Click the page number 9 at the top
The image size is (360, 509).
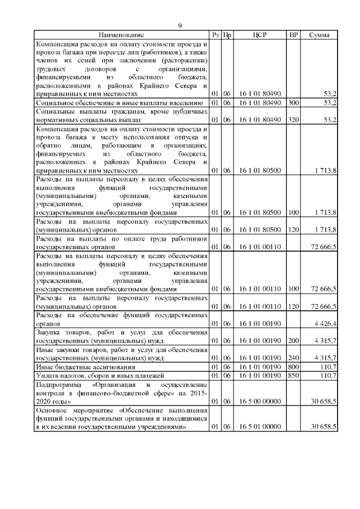(x=180, y=26)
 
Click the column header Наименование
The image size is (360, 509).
(x=121, y=35)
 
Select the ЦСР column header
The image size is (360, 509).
(x=260, y=35)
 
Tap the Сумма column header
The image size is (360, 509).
(x=319, y=35)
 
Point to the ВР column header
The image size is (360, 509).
(x=293, y=35)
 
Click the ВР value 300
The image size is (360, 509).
(x=293, y=103)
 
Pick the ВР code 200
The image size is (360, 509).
(x=293, y=341)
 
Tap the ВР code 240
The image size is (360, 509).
(x=293, y=357)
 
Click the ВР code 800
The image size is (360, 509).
(x=293, y=366)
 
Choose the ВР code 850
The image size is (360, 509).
(x=293, y=375)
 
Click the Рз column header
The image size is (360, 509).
(x=214, y=35)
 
